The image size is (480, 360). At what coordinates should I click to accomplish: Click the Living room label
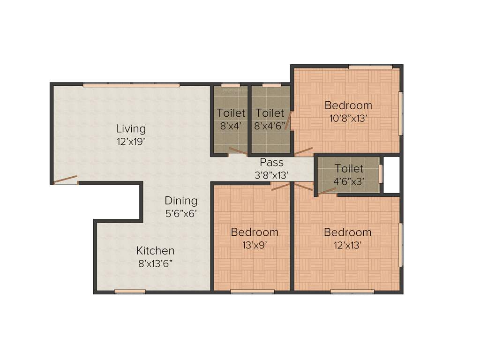click(131, 128)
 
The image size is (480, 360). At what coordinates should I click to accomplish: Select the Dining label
click(181, 201)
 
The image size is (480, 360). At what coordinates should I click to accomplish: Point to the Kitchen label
click(156, 251)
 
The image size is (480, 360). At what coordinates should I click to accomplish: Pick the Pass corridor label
click(272, 163)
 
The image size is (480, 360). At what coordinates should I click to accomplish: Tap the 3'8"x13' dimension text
click(272, 175)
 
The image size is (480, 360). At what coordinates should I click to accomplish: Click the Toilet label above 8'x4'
click(231, 113)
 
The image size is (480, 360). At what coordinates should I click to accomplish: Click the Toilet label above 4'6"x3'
click(349, 168)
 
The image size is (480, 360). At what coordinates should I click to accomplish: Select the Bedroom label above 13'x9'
click(255, 232)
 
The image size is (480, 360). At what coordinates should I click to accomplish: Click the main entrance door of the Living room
click(65, 180)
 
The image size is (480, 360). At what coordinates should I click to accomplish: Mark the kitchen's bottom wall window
click(130, 292)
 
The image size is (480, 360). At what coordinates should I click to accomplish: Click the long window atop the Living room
click(131, 85)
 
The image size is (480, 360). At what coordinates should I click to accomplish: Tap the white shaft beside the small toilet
click(391, 174)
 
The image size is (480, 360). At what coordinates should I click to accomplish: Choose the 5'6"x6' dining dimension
click(181, 213)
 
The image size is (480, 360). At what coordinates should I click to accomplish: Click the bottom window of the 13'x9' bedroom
click(252, 292)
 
